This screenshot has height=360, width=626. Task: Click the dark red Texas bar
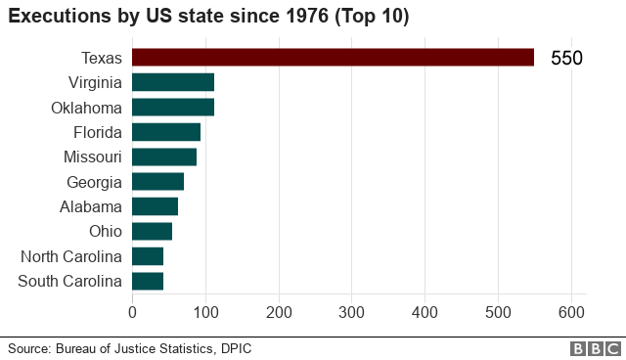[333, 58]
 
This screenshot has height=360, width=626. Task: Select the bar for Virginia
[172, 82]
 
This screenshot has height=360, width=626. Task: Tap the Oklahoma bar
[172, 107]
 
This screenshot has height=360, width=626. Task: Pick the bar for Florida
[165, 132]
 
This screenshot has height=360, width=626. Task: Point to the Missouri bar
[163, 157]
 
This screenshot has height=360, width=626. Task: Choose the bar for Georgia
[157, 182]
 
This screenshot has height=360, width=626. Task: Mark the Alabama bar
[155, 206]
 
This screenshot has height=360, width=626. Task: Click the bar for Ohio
[152, 232]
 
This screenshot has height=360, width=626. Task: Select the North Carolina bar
[147, 256]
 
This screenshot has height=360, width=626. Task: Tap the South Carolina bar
[147, 282]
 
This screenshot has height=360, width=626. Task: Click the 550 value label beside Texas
[566, 59]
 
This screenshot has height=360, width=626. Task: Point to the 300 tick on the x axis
[352, 312]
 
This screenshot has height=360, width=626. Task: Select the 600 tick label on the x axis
[572, 312]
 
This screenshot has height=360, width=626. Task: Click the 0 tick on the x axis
[132, 312]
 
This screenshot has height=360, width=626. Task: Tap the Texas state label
[102, 58]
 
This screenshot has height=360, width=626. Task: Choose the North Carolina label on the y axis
[71, 256]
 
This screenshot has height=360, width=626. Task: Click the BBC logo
[593, 348]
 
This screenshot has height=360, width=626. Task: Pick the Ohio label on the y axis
[105, 232]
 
